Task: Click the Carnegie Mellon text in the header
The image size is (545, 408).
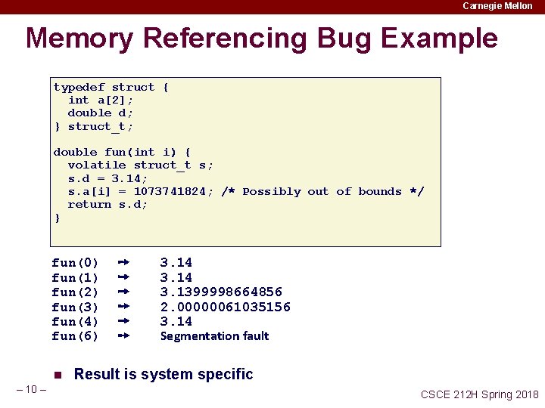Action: click(497, 6)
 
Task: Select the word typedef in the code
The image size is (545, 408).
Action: click(79, 88)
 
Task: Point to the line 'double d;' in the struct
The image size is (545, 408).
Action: click(101, 113)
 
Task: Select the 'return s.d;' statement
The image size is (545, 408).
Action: click(107, 205)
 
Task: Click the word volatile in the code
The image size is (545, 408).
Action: click(97, 165)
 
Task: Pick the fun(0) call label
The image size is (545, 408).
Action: click(75, 263)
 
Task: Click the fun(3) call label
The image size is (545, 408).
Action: click(75, 307)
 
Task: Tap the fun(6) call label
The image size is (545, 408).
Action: click(75, 336)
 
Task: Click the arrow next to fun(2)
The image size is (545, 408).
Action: click(125, 292)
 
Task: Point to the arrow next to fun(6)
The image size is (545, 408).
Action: click(125, 335)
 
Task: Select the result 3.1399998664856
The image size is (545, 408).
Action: click(221, 292)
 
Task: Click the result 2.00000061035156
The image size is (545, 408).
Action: click(225, 307)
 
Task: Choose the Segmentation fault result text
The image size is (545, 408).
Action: click(214, 336)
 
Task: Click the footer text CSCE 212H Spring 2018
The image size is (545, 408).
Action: click(479, 394)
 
